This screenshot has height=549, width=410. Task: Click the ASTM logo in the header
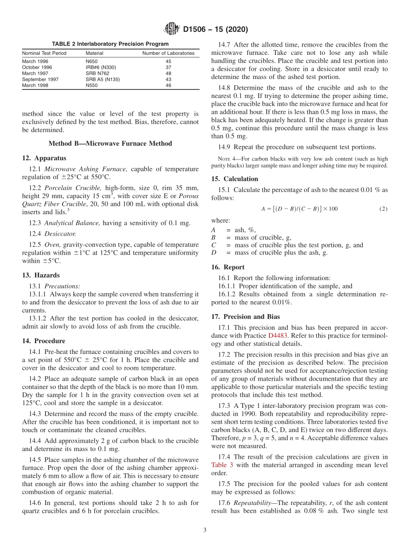pos(172,29)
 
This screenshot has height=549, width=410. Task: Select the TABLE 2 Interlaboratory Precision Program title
pos(110,44)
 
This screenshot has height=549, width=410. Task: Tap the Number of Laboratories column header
pos(168,53)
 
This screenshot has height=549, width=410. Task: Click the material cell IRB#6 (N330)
pos(101,67)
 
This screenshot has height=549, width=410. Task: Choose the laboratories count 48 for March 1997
pos(168,73)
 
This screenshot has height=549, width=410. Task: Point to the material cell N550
pos(91,85)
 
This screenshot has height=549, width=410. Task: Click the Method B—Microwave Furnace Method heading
pos(110,144)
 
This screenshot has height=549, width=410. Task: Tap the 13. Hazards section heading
pos(41,275)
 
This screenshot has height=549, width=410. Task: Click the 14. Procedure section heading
pos(44,341)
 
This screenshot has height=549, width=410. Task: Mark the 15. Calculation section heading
pos(235,179)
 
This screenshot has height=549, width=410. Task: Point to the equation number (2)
pos(383,209)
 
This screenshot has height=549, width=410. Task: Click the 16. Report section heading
pos(228,267)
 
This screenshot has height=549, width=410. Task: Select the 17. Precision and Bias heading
pos(246,316)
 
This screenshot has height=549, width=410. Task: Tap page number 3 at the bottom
pos(205,530)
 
